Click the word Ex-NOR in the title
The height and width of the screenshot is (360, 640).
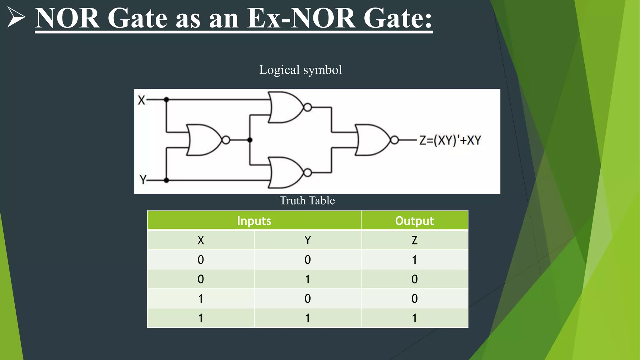coord(301,18)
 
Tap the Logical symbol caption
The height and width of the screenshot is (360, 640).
coord(300,70)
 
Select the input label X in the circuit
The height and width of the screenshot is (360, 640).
coord(141,100)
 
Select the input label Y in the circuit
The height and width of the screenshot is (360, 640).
coord(143,180)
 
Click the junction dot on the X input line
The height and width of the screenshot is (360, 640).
coord(167,100)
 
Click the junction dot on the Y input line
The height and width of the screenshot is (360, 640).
coord(167,180)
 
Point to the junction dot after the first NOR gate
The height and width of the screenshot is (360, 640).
coord(250,140)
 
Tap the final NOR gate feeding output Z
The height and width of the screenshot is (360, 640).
coord(372,140)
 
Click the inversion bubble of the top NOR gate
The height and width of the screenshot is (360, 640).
coord(307,107)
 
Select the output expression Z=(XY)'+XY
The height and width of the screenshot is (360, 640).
coord(450,140)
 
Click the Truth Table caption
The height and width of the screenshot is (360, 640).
coord(307,201)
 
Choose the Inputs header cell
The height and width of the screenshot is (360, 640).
coord(254,221)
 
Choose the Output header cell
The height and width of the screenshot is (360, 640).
coord(414,221)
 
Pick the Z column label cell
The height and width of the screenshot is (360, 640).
coord(414,240)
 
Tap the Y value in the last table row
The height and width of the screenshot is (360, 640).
coord(307,318)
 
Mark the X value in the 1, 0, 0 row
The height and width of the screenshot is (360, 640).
coord(201,299)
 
